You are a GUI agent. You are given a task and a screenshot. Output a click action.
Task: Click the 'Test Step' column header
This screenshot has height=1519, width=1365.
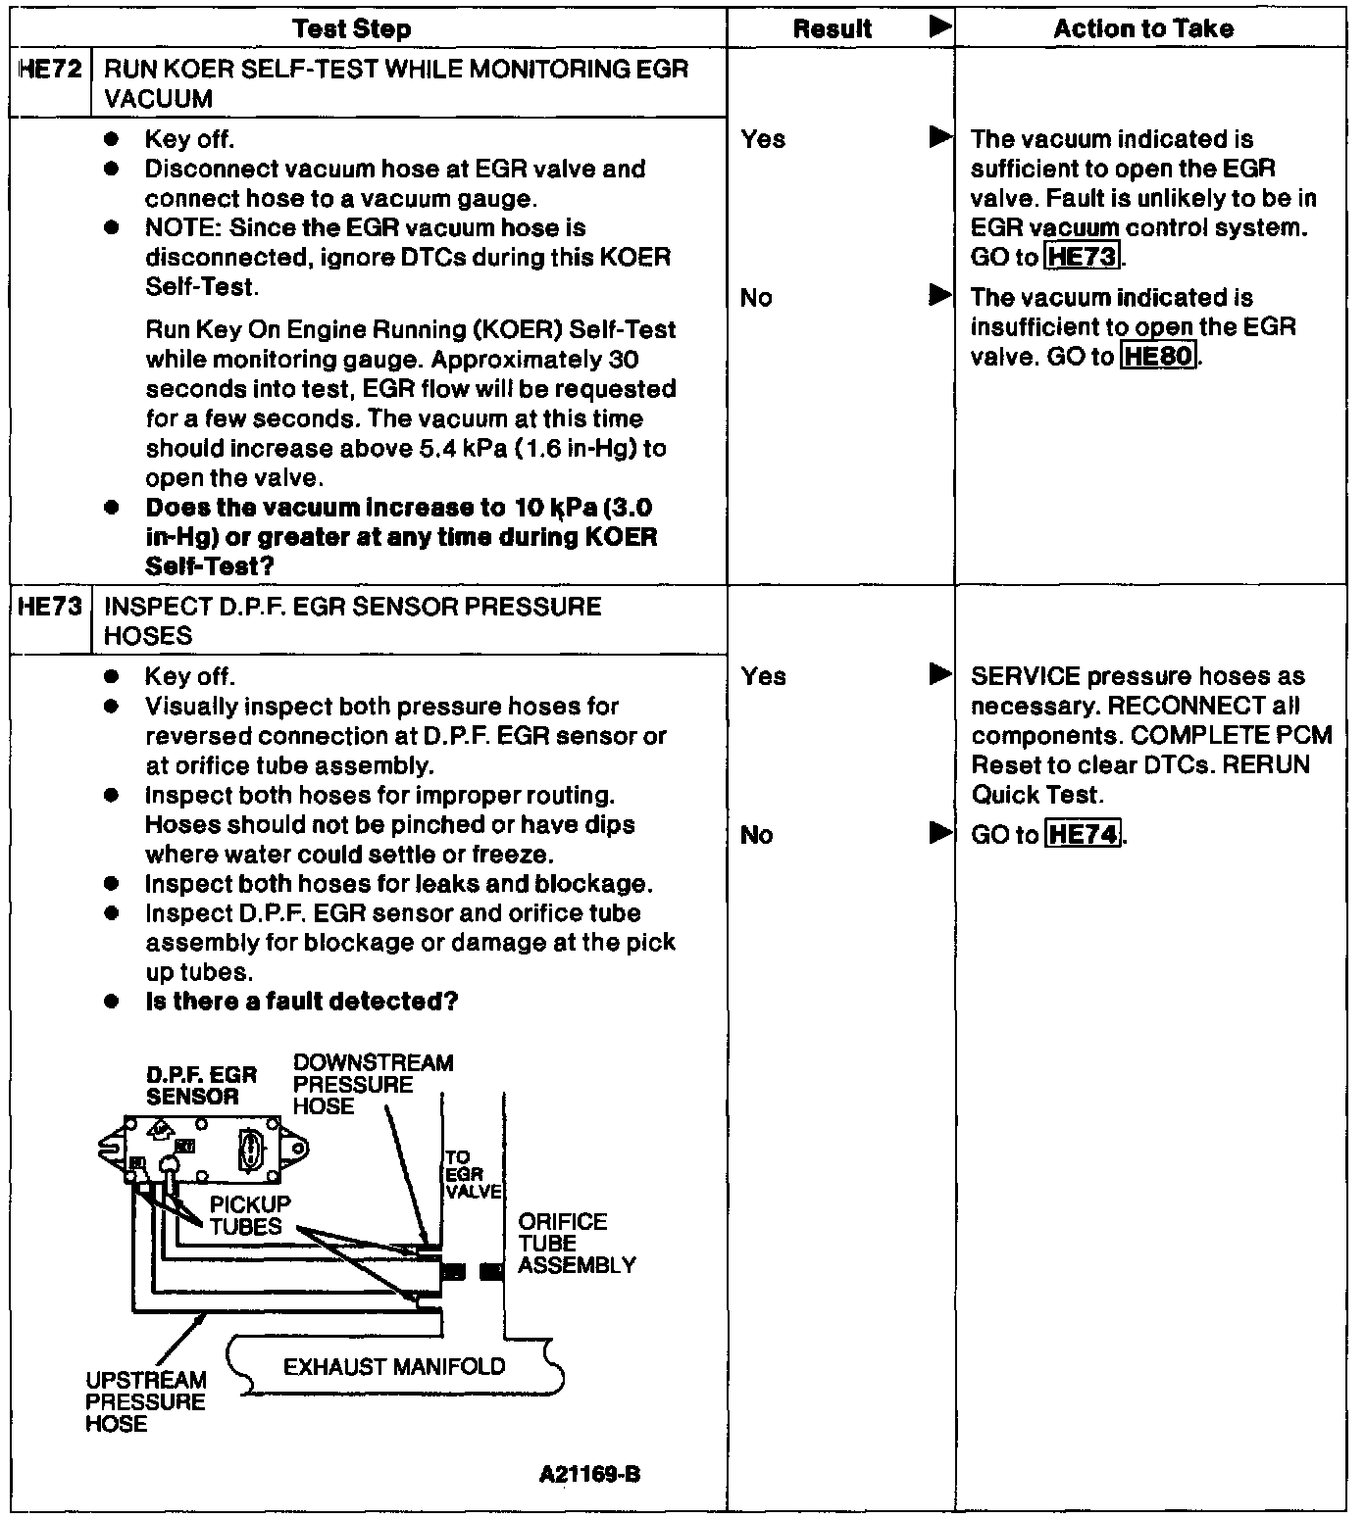[x=352, y=29]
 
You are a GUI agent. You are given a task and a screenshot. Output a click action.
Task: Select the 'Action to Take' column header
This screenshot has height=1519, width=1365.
[x=1143, y=29]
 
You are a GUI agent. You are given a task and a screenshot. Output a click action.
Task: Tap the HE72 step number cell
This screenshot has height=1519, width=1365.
[x=50, y=70]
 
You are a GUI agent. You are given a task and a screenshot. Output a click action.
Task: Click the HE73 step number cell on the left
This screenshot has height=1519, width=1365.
[x=50, y=607]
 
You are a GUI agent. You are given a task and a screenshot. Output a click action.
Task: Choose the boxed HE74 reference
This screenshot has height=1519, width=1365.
[x=1083, y=835]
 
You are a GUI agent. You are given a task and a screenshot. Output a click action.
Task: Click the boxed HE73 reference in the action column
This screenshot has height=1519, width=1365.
[x=1083, y=258]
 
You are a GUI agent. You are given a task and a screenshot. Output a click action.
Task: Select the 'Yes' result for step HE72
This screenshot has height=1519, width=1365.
[x=763, y=139]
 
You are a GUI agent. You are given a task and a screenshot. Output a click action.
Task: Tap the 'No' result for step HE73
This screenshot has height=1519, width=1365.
[x=756, y=835]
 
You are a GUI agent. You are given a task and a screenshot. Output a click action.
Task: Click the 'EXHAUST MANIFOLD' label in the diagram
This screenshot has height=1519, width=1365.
[x=394, y=1366]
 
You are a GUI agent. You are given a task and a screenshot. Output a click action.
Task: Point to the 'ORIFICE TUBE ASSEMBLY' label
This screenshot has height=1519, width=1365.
[x=577, y=1244]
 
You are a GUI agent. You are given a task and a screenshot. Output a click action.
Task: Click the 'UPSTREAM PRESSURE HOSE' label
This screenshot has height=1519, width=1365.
[x=146, y=1401]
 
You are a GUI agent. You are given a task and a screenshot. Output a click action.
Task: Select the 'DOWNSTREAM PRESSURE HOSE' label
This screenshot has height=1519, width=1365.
[x=373, y=1084]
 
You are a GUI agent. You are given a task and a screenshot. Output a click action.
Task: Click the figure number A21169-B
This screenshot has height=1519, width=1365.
[x=589, y=1474]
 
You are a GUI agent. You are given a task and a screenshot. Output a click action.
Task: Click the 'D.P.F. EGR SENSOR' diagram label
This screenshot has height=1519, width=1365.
[x=201, y=1085]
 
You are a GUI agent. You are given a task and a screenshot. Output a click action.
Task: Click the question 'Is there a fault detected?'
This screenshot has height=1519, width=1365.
[x=301, y=1002]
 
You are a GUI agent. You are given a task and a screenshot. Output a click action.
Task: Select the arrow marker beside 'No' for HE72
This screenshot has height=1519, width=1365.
[x=940, y=295]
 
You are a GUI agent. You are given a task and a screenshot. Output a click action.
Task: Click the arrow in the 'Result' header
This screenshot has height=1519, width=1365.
[x=940, y=27]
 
